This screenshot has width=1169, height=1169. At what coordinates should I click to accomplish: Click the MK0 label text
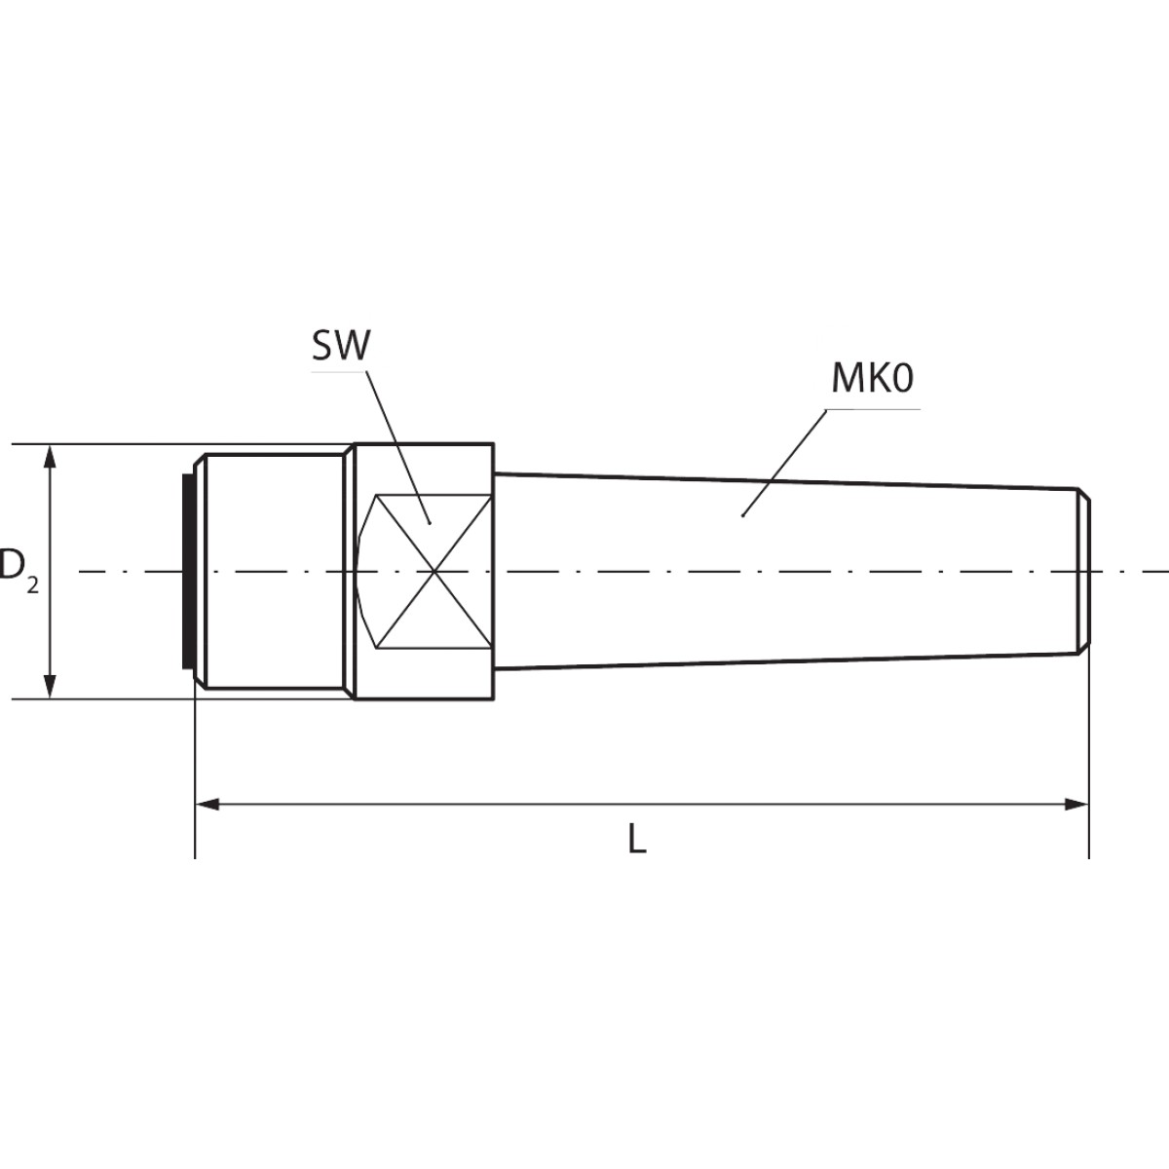(872, 379)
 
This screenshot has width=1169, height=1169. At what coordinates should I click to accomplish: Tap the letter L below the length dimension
(636, 840)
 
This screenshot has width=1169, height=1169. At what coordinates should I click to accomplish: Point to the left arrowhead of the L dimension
(207, 805)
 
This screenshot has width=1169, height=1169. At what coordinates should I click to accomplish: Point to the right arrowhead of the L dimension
(1077, 805)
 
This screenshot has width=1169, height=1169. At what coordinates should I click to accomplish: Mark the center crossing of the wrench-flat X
(434, 572)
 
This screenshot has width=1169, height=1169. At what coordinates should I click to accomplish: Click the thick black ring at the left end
(187, 572)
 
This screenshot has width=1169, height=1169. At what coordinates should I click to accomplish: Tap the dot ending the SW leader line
(430, 522)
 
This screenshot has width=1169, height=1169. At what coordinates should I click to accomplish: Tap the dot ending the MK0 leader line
(742, 516)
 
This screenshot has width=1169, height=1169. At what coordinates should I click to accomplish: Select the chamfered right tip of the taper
(1083, 572)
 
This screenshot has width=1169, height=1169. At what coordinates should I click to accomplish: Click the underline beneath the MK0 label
(876, 409)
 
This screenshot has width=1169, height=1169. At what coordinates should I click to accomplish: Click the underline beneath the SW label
(340, 370)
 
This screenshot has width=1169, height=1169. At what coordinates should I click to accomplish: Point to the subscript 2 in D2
(32, 584)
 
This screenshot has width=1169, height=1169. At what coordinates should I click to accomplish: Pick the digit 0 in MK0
(901, 379)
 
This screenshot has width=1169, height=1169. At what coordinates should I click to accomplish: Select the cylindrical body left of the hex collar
(274, 572)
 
